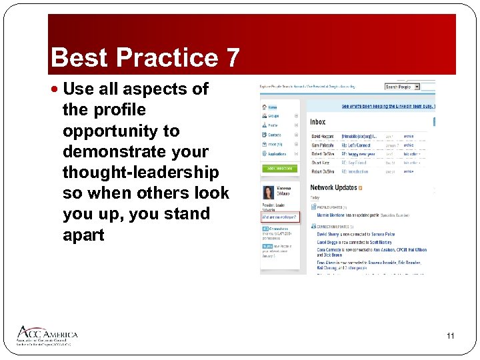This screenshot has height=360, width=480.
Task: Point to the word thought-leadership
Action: click(x=140, y=173)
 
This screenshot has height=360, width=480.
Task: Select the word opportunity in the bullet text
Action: click(x=121, y=131)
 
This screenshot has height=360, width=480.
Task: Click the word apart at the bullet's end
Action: click(x=83, y=235)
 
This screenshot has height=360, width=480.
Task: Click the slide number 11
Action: click(x=450, y=336)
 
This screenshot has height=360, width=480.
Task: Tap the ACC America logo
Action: click(x=47, y=335)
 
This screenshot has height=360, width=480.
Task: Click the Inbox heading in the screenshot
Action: click(x=318, y=122)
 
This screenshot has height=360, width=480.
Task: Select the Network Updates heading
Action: click(x=333, y=188)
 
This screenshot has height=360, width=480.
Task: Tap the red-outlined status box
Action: click(x=280, y=217)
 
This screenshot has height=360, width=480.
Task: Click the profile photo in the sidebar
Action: click(x=268, y=193)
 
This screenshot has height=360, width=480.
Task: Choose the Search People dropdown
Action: click(x=402, y=87)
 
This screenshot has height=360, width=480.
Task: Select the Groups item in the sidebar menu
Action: click(x=273, y=115)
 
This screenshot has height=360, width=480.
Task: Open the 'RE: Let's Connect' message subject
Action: click(x=356, y=145)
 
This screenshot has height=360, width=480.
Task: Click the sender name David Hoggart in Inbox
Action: click(x=324, y=136)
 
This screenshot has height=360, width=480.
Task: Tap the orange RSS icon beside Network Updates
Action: click(x=361, y=188)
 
